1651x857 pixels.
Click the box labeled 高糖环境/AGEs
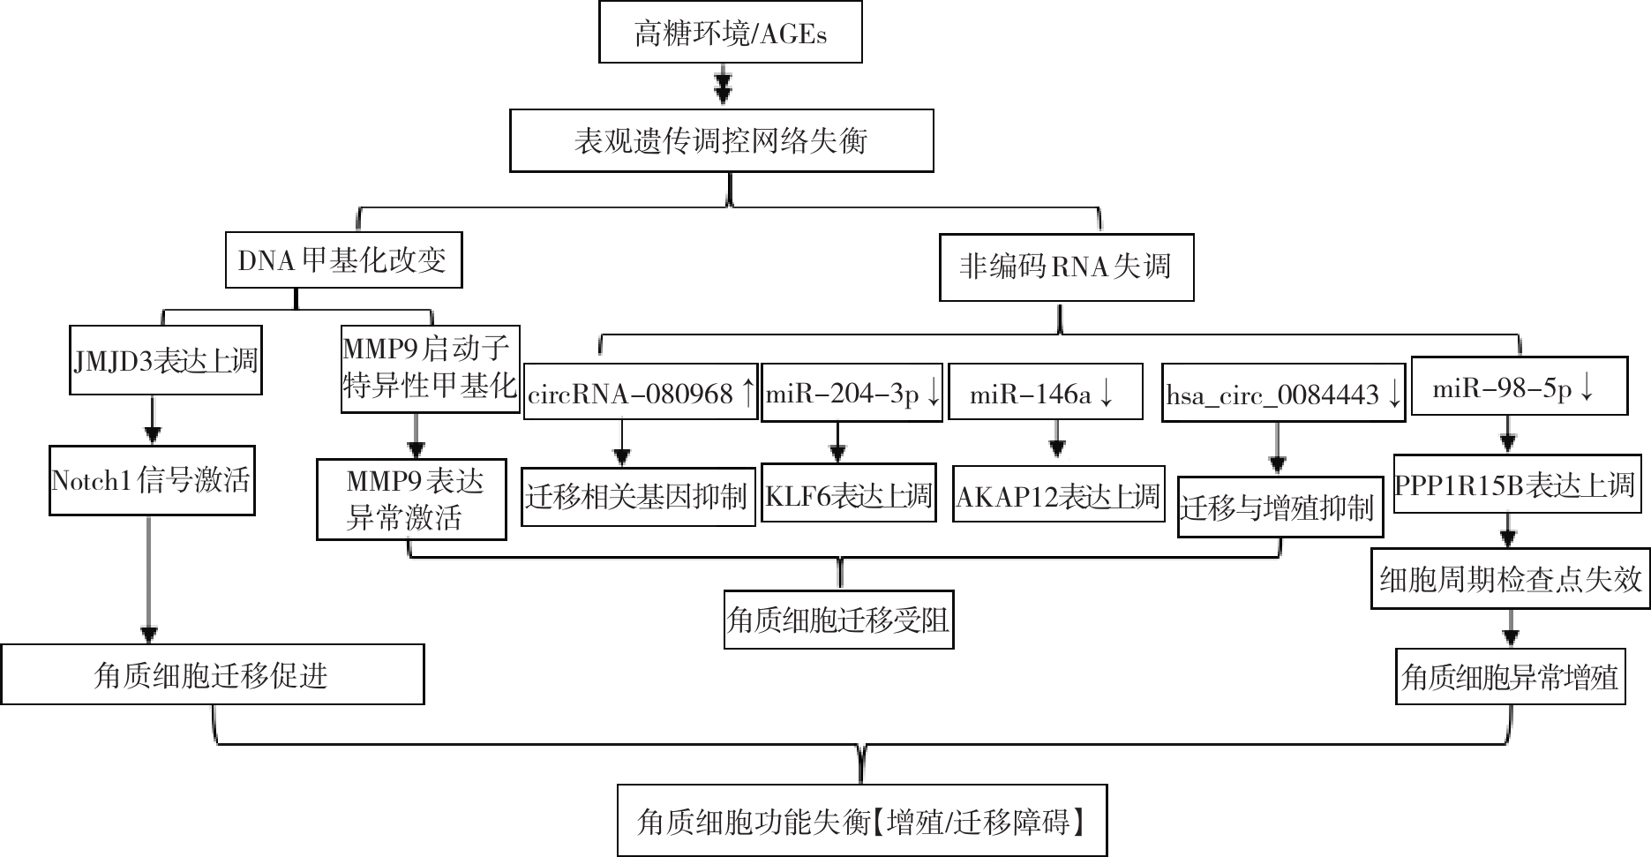(730, 32)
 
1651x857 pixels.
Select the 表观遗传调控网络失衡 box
(721, 140)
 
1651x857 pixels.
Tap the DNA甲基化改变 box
(343, 259)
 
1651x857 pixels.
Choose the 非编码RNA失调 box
(1066, 267)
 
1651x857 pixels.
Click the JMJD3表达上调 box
(165, 361)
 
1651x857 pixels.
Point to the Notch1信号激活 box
(152, 481)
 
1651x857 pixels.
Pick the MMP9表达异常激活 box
(411, 500)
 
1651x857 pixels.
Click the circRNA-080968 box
(641, 393)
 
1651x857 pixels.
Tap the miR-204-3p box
(852, 393)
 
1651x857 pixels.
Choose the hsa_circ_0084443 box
(1284, 393)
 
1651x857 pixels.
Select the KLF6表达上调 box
(848, 493)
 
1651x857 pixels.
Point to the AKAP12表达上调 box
(1059, 494)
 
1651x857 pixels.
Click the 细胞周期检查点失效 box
(1510, 579)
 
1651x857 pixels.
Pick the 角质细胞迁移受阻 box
(838, 620)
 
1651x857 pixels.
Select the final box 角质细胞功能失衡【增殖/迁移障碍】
(862, 821)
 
